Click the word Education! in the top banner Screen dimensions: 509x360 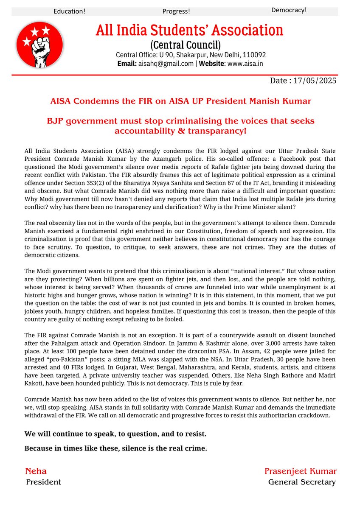[x=69, y=11]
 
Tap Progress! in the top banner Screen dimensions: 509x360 [x=176, y=11]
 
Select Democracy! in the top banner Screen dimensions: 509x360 [x=289, y=10]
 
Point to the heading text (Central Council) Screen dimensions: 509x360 [x=186, y=45]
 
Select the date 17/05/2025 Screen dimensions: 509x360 [x=315, y=81]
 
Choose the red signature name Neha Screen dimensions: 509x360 [x=36, y=471]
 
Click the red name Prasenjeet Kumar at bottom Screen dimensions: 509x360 [x=300, y=471]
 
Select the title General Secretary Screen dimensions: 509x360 [x=302, y=482]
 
